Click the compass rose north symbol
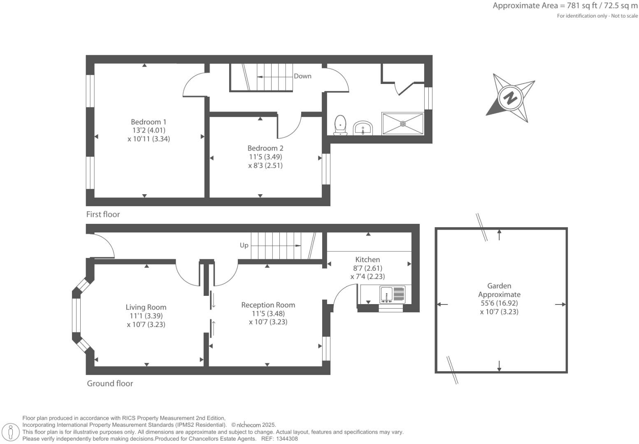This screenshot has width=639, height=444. [511, 98]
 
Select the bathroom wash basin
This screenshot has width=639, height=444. [362, 128]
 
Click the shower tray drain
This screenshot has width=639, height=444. [403, 123]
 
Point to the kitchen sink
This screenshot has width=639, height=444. [386, 294]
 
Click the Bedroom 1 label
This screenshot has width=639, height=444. [149, 122]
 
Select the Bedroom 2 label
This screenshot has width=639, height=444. [265, 148]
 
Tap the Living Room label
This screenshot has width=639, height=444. [146, 307]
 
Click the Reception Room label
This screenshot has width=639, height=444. [268, 305]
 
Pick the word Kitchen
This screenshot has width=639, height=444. [367, 259]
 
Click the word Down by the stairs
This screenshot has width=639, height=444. [302, 76]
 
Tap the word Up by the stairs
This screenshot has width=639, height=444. [244, 245]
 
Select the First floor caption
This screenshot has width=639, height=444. [103, 214]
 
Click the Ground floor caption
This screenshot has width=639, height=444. [110, 383]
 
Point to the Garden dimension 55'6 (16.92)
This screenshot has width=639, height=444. [499, 303]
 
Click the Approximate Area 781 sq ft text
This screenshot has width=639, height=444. [565, 6]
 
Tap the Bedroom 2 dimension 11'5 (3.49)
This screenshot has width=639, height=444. [265, 157]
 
